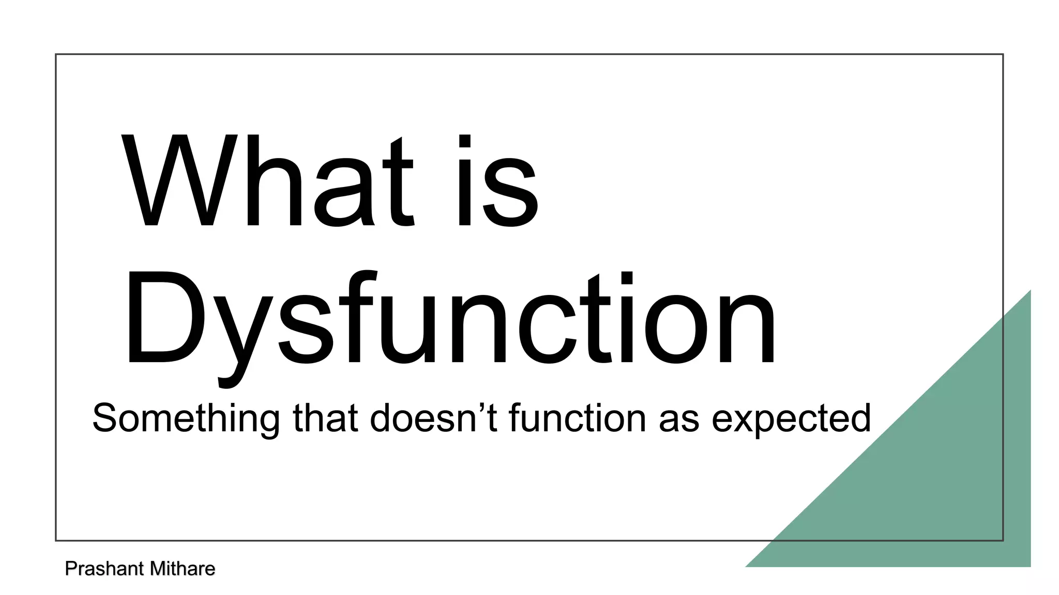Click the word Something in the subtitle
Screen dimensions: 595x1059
tap(186, 418)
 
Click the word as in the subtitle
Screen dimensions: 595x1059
tap(679, 421)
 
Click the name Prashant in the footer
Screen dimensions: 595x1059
tap(104, 569)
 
